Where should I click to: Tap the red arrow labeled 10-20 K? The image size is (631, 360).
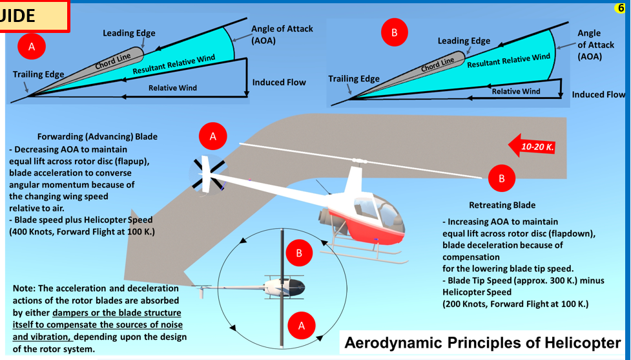(x=532, y=147)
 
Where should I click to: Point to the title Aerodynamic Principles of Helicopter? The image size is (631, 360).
(x=482, y=343)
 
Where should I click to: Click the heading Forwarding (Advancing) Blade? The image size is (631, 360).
(x=98, y=137)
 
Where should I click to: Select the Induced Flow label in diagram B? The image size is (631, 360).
(x=598, y=94)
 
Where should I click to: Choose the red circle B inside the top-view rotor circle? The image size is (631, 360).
(x=299, y=253)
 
